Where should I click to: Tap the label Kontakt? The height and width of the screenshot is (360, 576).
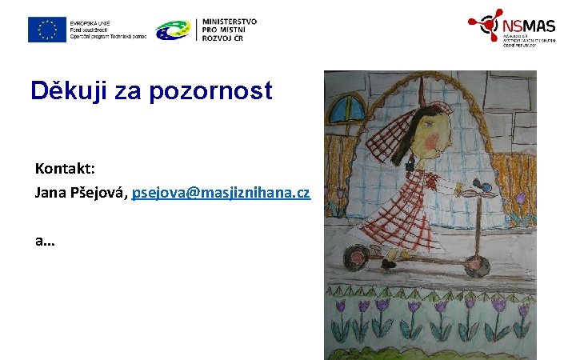pos(65,169)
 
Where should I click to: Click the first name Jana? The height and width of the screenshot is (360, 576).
pos(50,193)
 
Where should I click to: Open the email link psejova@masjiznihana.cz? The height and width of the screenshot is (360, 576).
pos(221,194)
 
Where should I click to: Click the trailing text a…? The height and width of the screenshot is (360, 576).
pos(45,239)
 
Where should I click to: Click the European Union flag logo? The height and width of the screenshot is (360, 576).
pos(46,30)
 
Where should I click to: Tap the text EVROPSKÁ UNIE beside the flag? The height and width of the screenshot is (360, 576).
pos(90,22)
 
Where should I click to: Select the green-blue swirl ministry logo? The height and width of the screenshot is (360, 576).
pos(174,30)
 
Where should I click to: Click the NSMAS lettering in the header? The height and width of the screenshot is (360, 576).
pos(529,26)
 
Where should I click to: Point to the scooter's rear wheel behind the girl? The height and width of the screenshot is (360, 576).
pos(354,259)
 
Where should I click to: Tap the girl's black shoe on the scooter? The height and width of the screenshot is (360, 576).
pos(390,263)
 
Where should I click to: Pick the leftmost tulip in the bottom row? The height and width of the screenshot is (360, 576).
pos(342,308)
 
